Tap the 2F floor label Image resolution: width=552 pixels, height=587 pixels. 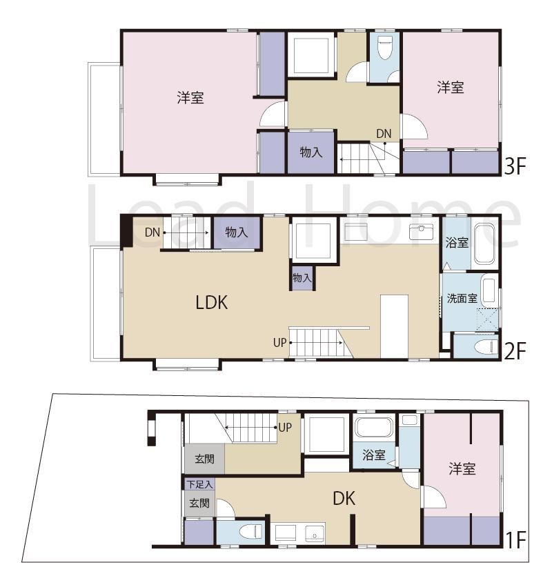[x=515, y=351]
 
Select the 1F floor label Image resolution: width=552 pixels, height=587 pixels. [x=516, y=540]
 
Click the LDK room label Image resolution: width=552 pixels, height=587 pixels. [x=212, y=303]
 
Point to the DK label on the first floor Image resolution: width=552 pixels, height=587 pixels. [x=344, y=498]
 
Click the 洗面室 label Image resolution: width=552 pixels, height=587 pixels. [x=462, y=299]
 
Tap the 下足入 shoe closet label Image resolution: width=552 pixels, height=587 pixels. [x=199, y=484]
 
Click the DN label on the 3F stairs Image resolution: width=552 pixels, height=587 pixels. [x=384, y=134]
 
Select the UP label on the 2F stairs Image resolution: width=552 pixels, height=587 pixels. [x=279, y=343]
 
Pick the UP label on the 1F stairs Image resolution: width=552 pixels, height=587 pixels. [x=285, y=428]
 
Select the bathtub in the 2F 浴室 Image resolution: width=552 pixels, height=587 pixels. [x=484, y=244]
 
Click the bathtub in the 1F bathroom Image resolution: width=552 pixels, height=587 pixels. [x=373, y=427]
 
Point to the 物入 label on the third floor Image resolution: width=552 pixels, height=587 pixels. [x=310, y=152]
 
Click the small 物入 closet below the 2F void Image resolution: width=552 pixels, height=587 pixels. [x=302, y=278]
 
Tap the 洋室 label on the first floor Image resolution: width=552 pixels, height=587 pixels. [x=462, y=468]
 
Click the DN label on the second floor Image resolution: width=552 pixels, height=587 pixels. [x=152, y=232]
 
